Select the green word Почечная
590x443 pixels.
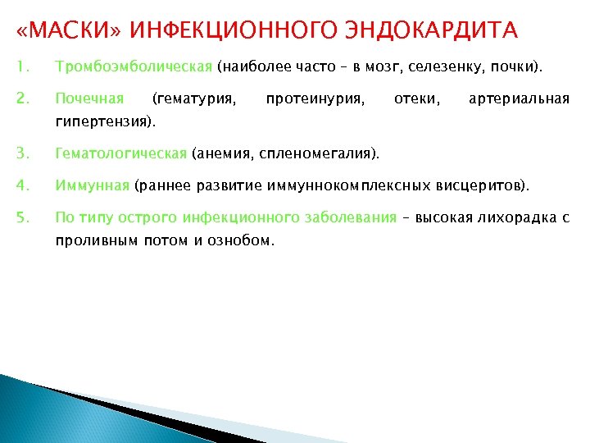89,99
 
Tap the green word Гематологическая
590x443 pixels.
120,153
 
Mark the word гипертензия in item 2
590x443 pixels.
102,122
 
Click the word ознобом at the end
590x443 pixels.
244,241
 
